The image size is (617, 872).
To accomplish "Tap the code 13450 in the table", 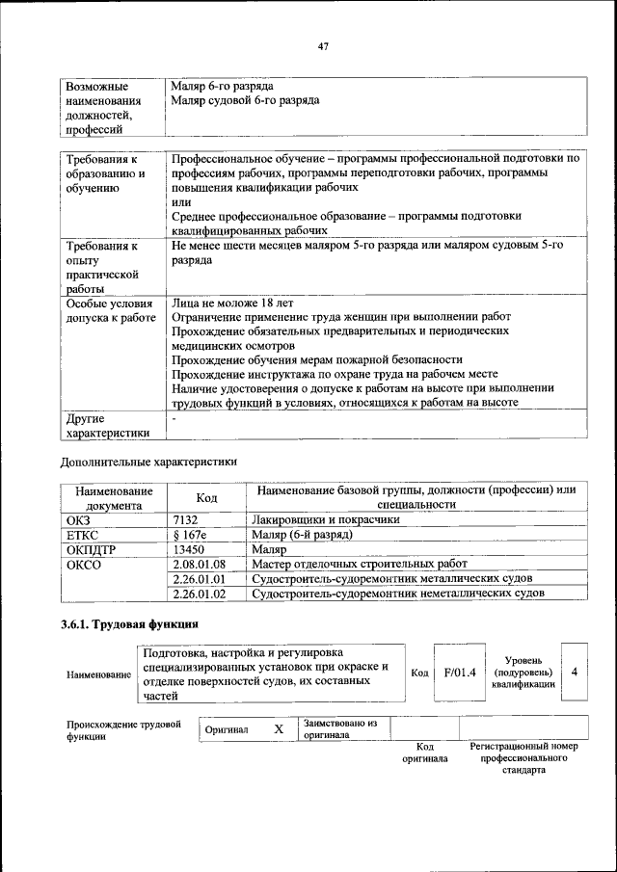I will (x=189, y=549).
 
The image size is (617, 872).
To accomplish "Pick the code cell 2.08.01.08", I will (x=199, y=564).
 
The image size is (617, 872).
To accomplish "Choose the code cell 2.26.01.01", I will (x=199, y=579).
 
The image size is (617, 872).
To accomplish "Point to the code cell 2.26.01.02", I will (x=199, y=594).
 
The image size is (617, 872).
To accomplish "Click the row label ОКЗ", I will (x=78, y=519).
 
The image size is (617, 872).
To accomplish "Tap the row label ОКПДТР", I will (x=92, y=549).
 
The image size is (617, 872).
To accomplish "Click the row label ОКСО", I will (x=83, y=564).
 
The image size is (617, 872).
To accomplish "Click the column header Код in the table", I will (x=206, y=497).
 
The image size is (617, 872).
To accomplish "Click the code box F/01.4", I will (x=460, y=672).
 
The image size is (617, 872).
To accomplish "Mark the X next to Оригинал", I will (x=279, y=729).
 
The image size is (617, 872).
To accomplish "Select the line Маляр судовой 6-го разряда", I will (x=245, y=100).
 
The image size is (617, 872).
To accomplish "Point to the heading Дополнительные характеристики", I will (x=148, y=462).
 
